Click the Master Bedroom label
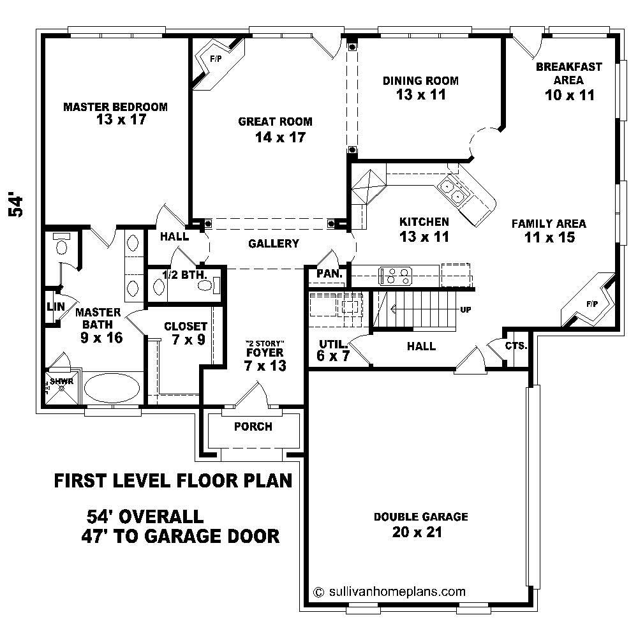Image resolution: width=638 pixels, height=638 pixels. pos(115,107)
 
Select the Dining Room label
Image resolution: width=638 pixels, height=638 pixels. pos(420,80)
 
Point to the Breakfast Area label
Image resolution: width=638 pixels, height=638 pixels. pos(569,73)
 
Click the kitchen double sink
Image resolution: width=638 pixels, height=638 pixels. pos(455,191)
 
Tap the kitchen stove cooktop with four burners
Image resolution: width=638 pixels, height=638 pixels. pos(396,276)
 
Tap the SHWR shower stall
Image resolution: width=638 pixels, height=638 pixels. pos(61,386)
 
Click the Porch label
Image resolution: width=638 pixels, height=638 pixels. pos(253,426)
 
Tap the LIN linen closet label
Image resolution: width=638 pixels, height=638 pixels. pos(55,306)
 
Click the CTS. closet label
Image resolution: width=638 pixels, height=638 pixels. pos(516,346)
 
